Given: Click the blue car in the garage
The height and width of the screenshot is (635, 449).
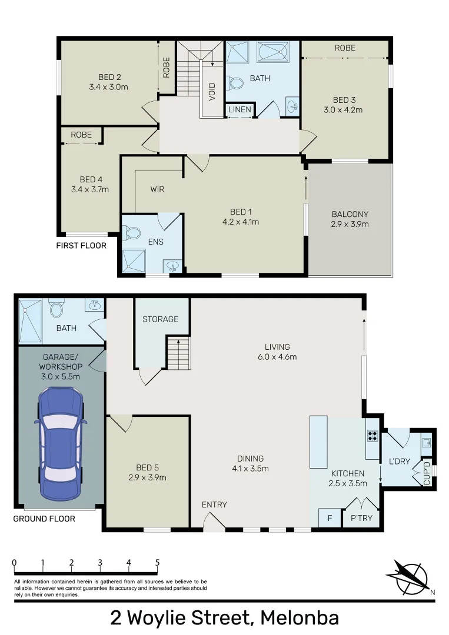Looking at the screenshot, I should tap(61, 443).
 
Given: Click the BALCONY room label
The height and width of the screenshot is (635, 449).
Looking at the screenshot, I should tap(350, 215).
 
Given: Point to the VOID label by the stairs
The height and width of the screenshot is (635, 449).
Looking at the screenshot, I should tap(212, 91).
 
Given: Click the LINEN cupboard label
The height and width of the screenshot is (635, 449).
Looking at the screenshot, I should tap(240, 110).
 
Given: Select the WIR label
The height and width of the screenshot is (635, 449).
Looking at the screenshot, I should tap(157, 189).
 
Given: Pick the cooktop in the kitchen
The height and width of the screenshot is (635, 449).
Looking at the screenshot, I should tap(372, 436).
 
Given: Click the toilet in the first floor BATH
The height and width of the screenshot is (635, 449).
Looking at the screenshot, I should tap(236, 83).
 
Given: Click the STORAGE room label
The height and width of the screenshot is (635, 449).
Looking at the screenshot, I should tap(160, 319).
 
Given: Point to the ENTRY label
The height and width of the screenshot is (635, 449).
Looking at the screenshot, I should tap(214, 504).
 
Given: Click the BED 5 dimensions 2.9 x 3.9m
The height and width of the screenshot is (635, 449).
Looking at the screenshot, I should tap(147, 477).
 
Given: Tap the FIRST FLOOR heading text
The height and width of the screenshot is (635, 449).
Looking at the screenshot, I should tap(81, 245).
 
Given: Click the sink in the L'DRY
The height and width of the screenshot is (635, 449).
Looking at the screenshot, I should tap(427, 443).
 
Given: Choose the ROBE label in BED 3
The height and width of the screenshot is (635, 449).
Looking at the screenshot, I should tap(345, 48).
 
